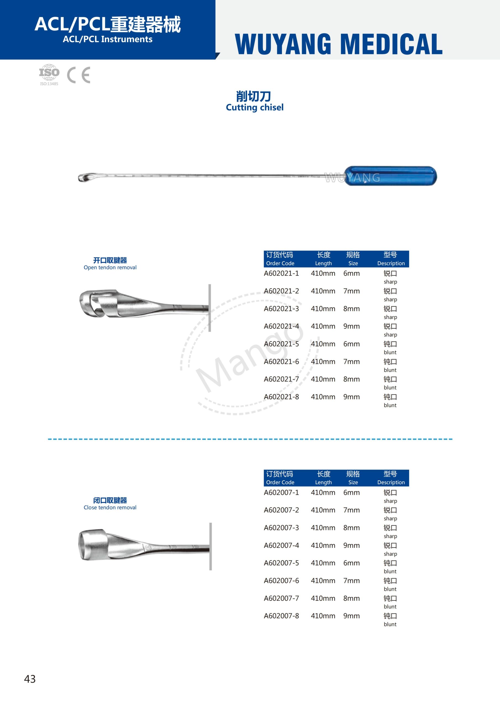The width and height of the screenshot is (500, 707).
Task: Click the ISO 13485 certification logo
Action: [x=49, y=74]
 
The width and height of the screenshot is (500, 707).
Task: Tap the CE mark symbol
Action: [x=79, y=75]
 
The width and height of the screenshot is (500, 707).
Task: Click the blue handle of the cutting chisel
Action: [x=391, y=176]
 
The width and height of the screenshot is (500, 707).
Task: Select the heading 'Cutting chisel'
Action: [x=254, y=107]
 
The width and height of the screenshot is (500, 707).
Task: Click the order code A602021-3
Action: [x=281, y=308]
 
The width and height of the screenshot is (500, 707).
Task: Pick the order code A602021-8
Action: [x=281, y=397]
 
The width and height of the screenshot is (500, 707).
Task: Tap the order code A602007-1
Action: [x=281, y=492]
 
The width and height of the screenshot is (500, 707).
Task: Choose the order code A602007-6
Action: [x=281, y=581]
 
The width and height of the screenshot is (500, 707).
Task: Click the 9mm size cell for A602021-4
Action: [x=351, y=326]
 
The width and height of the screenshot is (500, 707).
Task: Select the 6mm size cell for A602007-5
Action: [x=351, y=563]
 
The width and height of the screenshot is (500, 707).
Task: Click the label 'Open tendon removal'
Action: [x=110, y=267]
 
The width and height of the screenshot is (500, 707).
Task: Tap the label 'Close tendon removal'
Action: [x=110, y=507]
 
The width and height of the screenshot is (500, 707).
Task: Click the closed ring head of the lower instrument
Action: [x=93, y=544]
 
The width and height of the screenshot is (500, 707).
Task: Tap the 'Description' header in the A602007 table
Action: [x=391, y=482]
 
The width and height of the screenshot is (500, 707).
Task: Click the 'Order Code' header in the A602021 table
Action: [x=280, y=263]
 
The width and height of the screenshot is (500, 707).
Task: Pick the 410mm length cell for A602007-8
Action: [x=323, y=616]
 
